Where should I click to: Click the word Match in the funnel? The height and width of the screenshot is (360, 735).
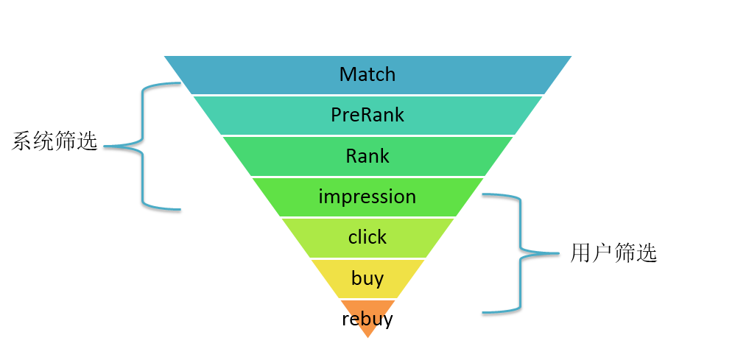click(367, 74)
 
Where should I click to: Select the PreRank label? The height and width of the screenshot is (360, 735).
click(367, 115)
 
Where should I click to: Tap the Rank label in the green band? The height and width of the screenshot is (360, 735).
click(367, 156)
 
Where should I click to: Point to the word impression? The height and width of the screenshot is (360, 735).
click(367, 197)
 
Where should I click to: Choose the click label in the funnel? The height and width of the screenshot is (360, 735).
click(367, 237)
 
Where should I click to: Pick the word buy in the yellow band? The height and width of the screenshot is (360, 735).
click(367, 278)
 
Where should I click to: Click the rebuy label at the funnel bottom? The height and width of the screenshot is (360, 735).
click(367, 320)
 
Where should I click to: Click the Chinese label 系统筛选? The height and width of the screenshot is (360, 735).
click(55, 141)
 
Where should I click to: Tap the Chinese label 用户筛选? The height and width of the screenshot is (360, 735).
click(613, 253)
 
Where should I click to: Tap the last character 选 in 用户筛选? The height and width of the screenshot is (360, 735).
click(646, 253)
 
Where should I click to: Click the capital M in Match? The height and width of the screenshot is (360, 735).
click(348, 74)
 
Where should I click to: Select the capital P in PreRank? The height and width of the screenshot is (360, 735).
click(336, 115)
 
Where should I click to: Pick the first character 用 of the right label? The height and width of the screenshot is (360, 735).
click(581, 253)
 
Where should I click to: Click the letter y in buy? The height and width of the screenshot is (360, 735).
click(379, 280)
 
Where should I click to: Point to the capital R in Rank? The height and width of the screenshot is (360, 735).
click(351, 156)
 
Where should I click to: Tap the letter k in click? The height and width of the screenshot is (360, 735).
click(382, 237)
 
